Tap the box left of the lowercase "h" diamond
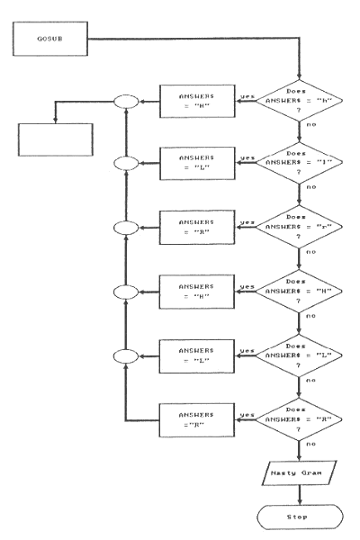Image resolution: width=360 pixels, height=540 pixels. pyautogui.click(x=195, y=103)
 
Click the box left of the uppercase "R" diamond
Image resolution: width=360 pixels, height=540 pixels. pyautogui.click(x=195, y=417)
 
